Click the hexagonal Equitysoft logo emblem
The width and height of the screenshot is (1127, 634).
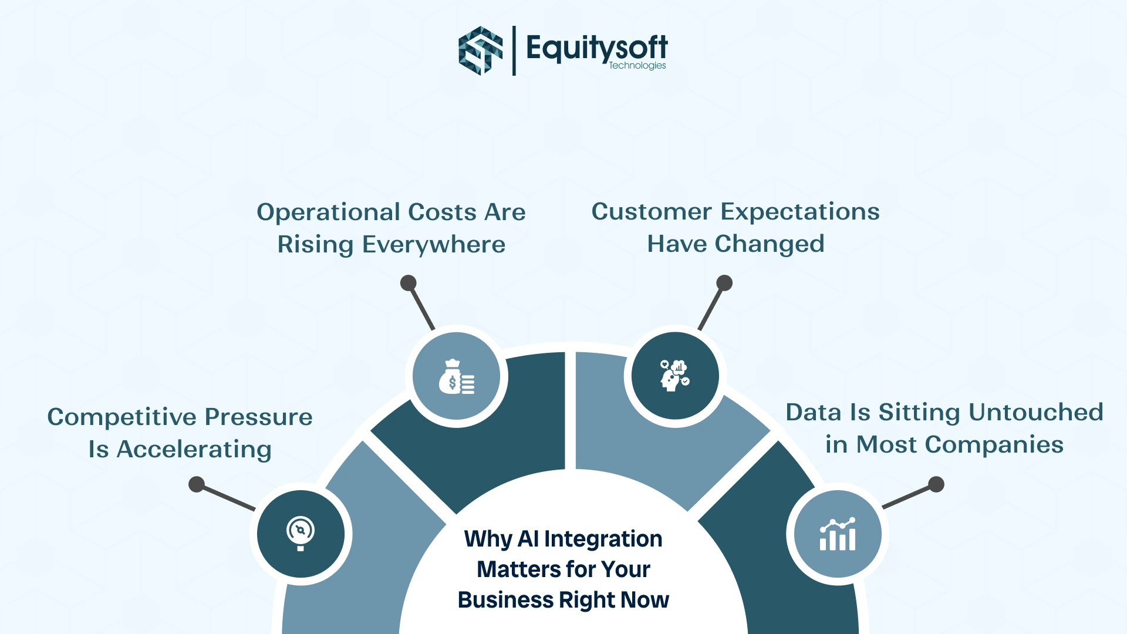(480, 50)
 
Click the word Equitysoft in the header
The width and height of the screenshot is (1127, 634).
(596, 47)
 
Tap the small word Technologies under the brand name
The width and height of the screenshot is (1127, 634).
(637, 66)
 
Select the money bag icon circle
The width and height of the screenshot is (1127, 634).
(456, 376)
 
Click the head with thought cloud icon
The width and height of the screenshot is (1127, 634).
(675, 376)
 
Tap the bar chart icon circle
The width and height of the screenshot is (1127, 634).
(838, 534)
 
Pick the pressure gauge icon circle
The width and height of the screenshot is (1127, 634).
(301, 534)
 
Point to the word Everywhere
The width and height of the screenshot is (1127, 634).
(434, 244)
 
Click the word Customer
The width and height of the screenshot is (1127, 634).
(652, 211)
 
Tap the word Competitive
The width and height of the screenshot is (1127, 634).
(122, 417)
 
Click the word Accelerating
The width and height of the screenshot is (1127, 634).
(194, 449)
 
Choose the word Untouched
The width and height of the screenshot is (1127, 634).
(1035, 412)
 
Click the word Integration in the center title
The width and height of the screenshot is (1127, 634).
(603, 539)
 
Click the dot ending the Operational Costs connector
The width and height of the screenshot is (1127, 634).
(409, 283)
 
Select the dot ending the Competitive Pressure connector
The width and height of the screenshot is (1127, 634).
(197, 484)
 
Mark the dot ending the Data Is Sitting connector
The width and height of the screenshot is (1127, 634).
(936, 484)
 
